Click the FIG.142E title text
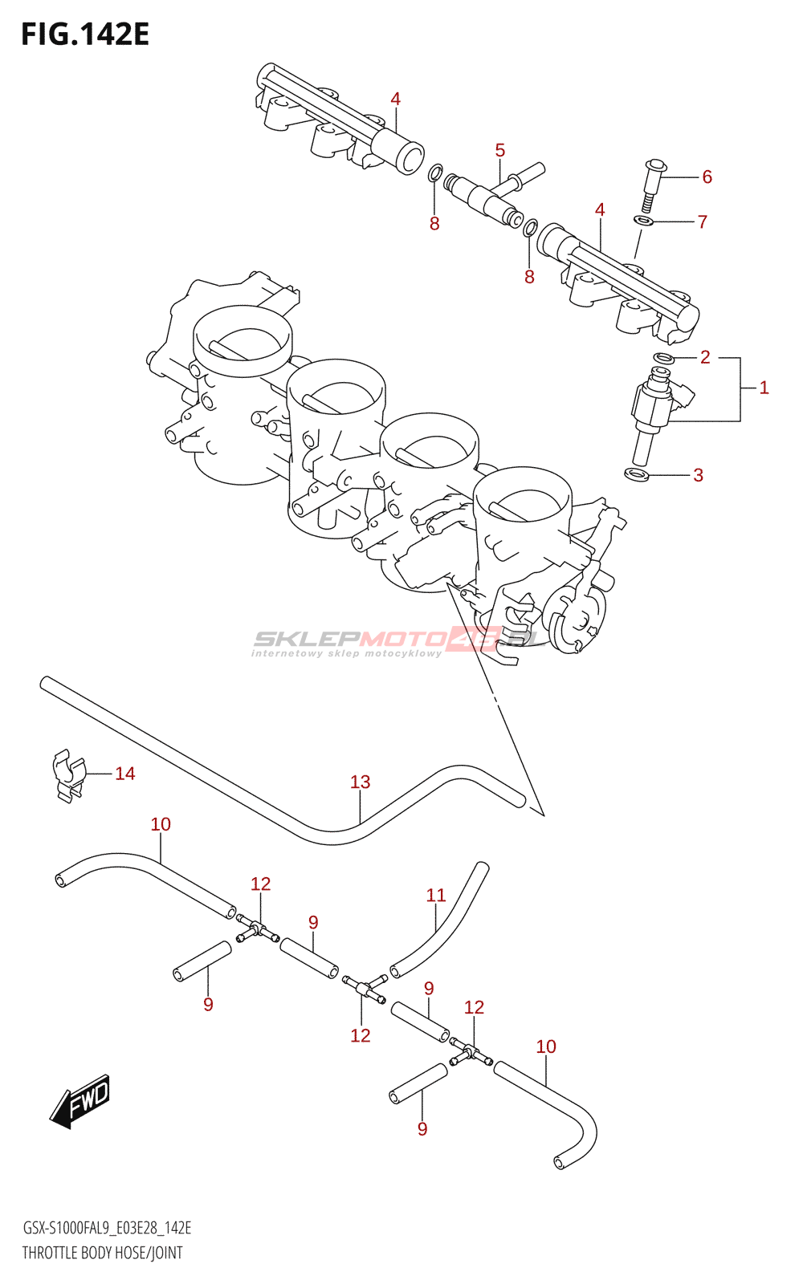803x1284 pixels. [x=85, y=35]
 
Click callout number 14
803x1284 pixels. [x=124, y=774]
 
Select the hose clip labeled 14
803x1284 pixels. [x=68, y=774]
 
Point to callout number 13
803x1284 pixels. [x=361, y=782]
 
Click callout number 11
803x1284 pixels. [x=436, y=895]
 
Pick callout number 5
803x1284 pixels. [x=500, y=150]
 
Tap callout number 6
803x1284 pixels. [x=707, y=177]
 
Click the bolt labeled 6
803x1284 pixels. [x=650, y=185]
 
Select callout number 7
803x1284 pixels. [x=703, y=221]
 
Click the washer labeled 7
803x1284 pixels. [x=644, y=221]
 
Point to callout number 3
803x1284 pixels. [x=698, y=475]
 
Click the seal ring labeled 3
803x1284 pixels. [x=637, y=475]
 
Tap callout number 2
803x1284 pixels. [x=705, y=357]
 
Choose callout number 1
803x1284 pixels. [x=764, y=388]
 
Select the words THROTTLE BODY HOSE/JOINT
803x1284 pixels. [x=102, y=1253]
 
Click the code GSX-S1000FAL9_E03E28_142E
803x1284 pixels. [x=107, y=1228]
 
